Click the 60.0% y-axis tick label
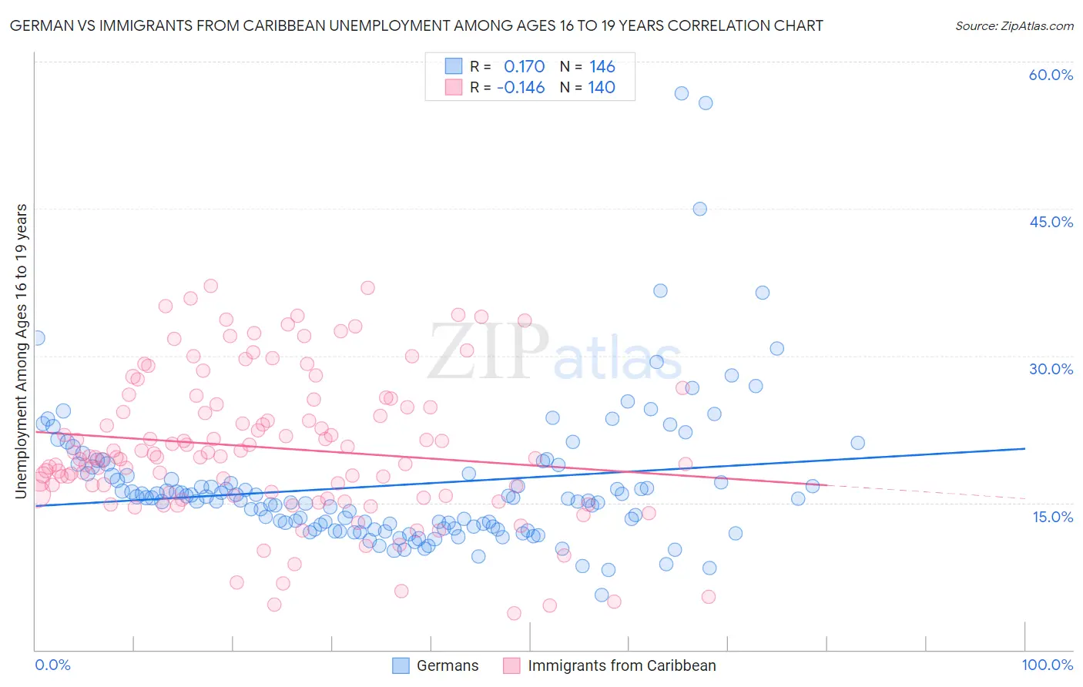1051,75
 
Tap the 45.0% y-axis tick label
1051,222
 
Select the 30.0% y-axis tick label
1051,369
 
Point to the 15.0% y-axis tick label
1052,516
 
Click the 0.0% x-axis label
52,665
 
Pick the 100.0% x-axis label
1047,665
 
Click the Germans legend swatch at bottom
401,665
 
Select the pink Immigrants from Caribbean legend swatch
511,665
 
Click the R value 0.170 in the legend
524,67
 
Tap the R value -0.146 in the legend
521,88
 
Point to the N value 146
602,67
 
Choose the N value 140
602,88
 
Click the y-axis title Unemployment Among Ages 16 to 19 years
22,350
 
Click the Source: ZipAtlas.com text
1014,25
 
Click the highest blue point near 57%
682,93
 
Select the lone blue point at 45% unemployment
699,209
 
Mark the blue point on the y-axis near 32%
36,337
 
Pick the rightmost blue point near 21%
857,443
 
